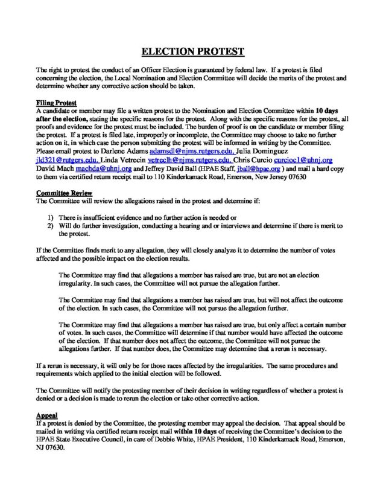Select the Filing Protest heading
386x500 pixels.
tap(54, 104)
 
